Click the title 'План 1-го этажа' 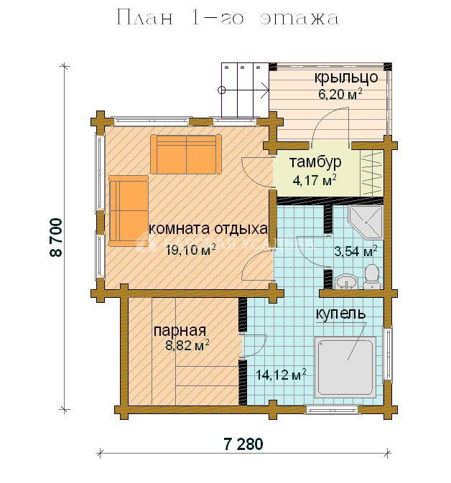pyautogui.click(x=228, y=18)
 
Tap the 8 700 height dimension pyautogui.click(x=56, y=238)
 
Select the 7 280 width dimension pyautogui.click(x=243, y=444)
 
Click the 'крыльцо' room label pyautogui.click(x=346, y=78)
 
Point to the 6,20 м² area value pyautogui.click(x=340, y=93)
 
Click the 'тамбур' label pyautogui.click(x=315, y=162)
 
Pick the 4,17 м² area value pyautogui.click(x=314, y=180)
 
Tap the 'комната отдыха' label pyautogui.click(x=208, y=229)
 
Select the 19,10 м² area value pyautogui.click(x=190, y=250)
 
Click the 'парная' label pyautogui.click(x=180, y=331)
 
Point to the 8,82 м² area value pyautogui.click(x=187, y=345)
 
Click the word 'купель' pyautogui.click(x=340, y=314)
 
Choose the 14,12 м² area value pyautogui.click(x=281, y=375)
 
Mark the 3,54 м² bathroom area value pyautogui.click(x=355, y=251)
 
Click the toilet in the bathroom pyautogui.click(x=371, y=276)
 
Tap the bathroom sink pyautogui.click(x=346, y=281)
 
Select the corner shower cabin pyautogui.click(x=366, y=222)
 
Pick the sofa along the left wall pyautogui.click(x=129, y=211)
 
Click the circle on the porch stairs pyautogui.click(x=221, y=90)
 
